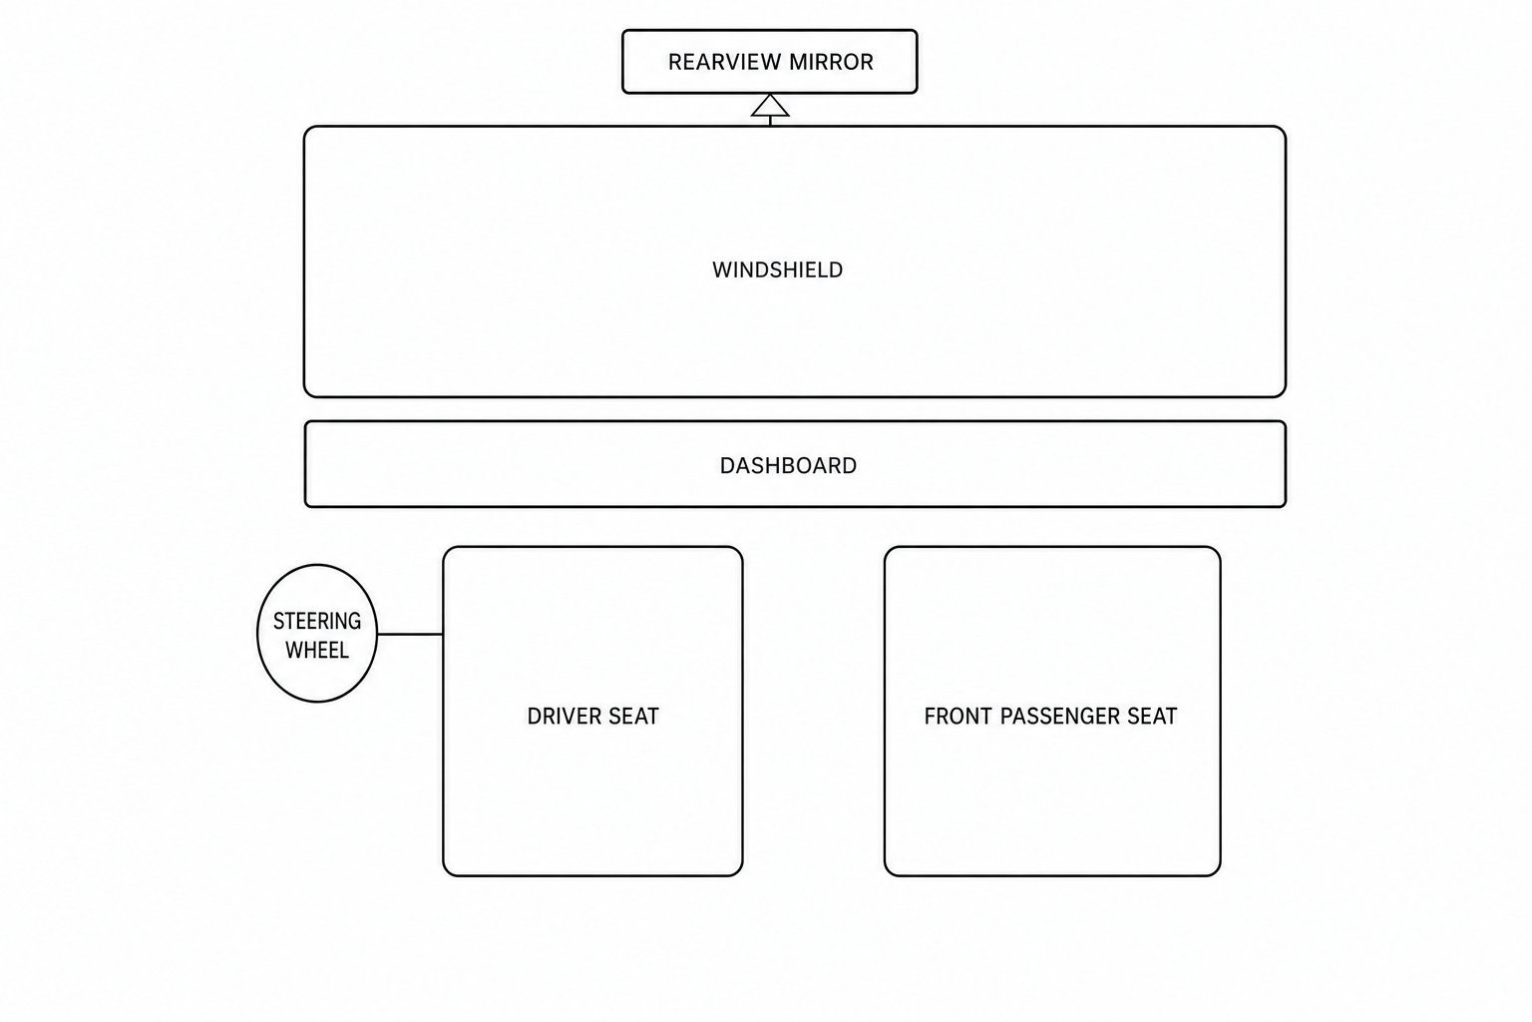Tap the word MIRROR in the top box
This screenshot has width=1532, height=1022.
tap(832, 62)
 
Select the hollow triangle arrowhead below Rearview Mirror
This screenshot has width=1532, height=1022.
tap(770, 106)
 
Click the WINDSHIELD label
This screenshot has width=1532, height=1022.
tap(778, 270)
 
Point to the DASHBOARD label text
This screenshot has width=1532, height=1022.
tap(788, 466)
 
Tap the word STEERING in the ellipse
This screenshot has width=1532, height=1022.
tap(317, 621)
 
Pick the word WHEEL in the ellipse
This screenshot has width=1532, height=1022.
tap(317, 650)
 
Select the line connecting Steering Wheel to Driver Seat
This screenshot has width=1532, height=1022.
tap(410, 635)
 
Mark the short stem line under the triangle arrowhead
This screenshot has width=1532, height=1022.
tap(770, 121)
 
